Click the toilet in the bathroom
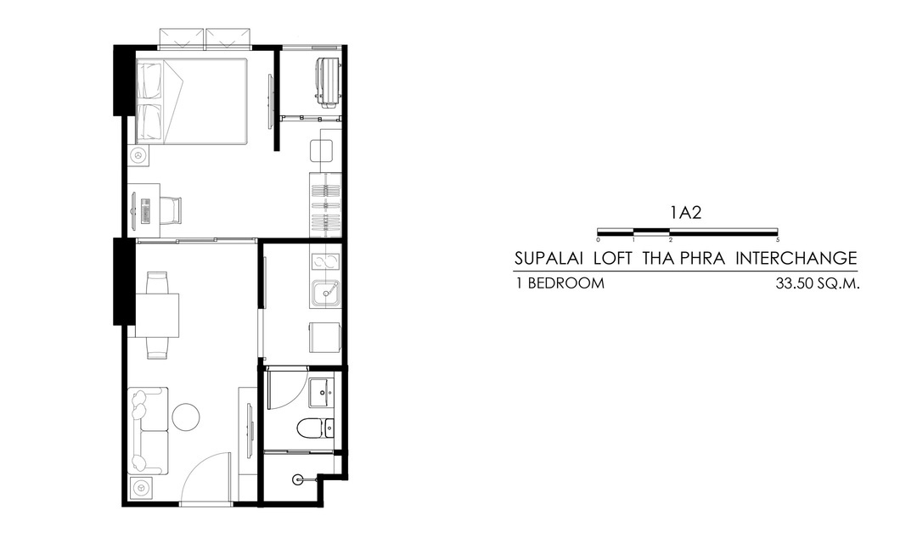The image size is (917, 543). coord(310,428)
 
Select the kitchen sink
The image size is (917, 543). coord(325,294)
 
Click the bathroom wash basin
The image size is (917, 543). coord(321,393)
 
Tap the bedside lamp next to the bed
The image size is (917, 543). coord(138,156)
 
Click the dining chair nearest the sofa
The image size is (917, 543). coord(158,349)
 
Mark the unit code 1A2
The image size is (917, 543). coord(686,213)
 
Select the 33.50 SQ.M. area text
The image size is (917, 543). coord(818,284)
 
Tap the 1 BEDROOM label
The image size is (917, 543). coord(560,283)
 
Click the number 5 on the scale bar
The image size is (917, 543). coord(777,239)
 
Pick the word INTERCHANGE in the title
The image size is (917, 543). coord(796,258)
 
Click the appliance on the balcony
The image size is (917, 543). coord(328,81)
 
